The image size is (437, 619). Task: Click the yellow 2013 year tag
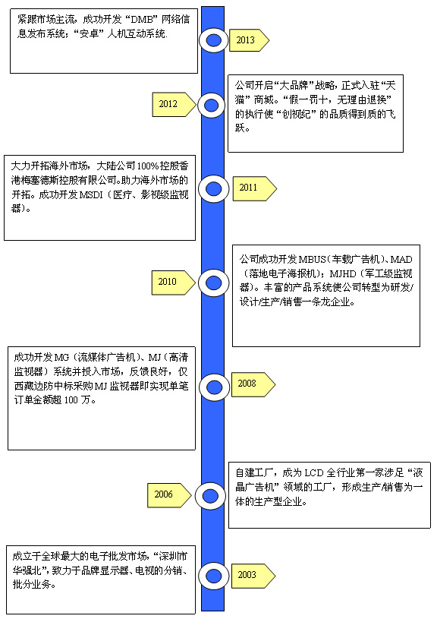249,39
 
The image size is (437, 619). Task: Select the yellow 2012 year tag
174,105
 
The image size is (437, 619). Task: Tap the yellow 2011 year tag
255,188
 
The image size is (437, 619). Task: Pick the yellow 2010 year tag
174,283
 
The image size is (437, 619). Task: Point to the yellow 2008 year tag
253,384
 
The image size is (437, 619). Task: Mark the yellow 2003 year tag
253,576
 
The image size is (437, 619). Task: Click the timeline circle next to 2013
213,39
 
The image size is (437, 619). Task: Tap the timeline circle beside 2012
212,106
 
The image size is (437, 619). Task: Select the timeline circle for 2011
213,189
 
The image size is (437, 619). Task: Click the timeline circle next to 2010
214,283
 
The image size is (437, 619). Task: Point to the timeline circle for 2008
214,387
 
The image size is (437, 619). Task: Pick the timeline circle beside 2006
210,496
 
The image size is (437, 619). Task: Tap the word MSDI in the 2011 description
91,194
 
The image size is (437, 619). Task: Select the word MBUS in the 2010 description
312,259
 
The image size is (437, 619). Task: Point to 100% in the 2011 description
147,166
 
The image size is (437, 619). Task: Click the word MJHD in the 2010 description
343,273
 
